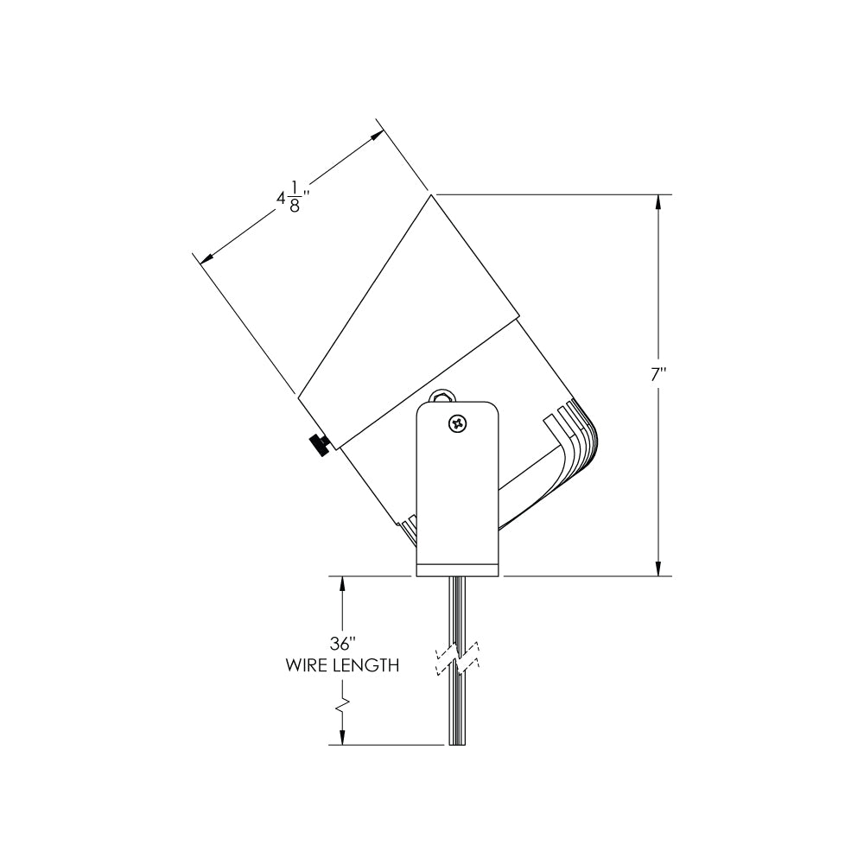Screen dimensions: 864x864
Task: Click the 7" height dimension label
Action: click(658, 375)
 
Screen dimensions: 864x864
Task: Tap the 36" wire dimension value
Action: click(343, 643)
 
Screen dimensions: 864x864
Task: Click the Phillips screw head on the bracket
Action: click(458, 424)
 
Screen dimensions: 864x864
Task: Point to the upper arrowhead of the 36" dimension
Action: click(343, 584)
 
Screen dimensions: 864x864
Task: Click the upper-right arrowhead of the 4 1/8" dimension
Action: click(378, 135)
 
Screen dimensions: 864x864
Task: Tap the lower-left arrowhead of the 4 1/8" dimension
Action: click(206, 257)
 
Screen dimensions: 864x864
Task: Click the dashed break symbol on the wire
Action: click(458, 658)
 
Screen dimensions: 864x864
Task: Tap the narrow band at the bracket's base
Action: click(458, 571)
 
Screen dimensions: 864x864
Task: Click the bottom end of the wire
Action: click(458, 745)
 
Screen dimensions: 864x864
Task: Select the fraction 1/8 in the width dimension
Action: click(295, 198)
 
